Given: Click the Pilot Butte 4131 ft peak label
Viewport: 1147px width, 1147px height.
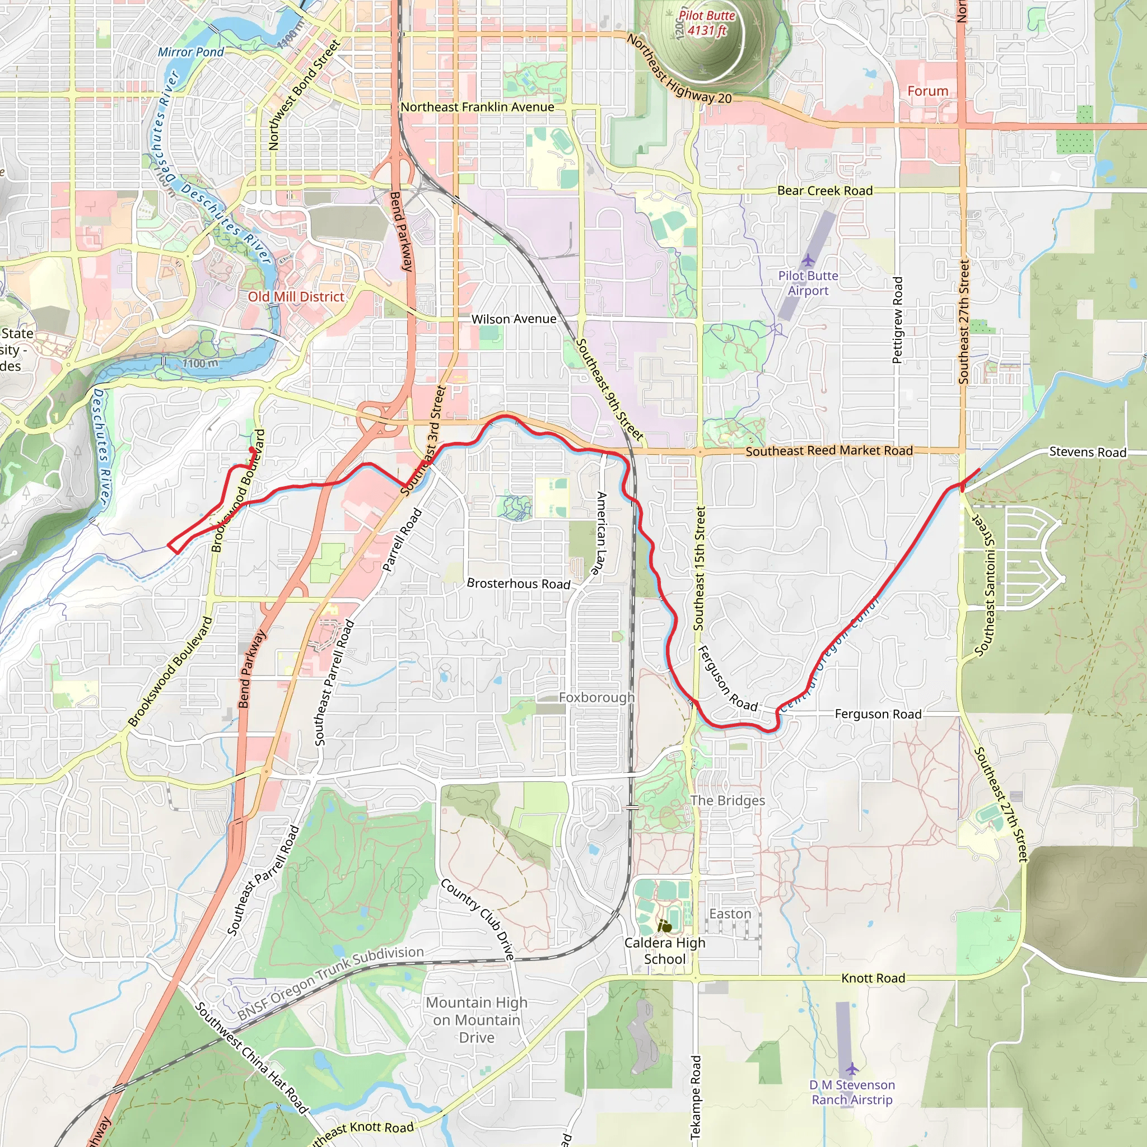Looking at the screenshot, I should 706,23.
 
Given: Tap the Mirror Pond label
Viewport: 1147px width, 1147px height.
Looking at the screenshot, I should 190,52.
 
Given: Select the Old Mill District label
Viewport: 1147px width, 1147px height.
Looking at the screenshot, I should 296,297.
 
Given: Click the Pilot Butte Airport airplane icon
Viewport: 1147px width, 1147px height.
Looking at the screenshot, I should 808,260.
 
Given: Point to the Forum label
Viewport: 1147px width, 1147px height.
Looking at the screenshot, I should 927,91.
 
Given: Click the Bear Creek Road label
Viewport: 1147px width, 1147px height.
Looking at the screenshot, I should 824,190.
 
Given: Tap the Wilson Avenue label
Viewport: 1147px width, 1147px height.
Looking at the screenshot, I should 514,319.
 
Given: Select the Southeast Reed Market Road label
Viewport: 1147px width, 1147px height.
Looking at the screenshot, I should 829,451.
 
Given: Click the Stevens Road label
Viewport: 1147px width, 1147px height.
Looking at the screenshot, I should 1087,452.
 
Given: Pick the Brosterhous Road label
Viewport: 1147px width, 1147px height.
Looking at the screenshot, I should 518,584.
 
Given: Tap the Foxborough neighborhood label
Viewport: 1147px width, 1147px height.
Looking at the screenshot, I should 596,698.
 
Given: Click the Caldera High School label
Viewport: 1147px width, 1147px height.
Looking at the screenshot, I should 664,950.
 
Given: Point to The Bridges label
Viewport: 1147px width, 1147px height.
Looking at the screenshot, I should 728,800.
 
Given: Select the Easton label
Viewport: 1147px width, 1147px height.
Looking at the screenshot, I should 730,913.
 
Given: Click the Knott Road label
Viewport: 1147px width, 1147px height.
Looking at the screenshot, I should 873,978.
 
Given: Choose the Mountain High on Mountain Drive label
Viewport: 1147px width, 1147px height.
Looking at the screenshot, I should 476,1020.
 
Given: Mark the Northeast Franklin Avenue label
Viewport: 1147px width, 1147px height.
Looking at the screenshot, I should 477,108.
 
